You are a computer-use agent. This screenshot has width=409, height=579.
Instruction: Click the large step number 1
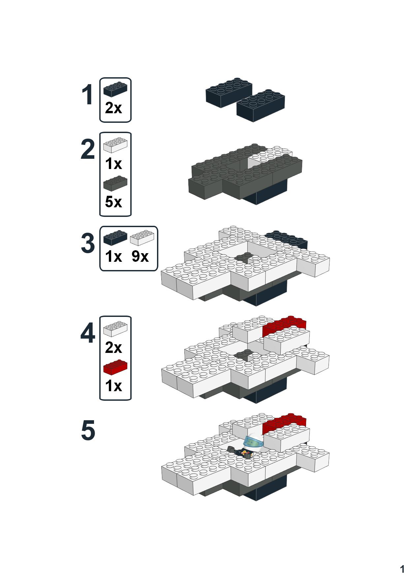point(88,95)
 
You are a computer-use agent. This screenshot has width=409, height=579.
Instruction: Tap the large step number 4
point(88,334)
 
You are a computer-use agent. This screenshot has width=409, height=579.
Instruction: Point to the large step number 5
point(88,431)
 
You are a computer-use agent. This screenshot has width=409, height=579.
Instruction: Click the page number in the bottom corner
point(402,569)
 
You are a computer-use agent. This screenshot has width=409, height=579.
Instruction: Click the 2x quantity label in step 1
point(113,108)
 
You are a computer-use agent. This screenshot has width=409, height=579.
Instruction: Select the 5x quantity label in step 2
point(113,202)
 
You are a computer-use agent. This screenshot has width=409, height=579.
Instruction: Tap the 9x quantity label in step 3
point(140,256)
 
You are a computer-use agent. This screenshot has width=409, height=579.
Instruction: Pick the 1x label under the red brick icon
point(113,386)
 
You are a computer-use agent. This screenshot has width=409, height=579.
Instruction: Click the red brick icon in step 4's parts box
point(115,367)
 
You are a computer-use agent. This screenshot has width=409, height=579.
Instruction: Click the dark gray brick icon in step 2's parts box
point(115,183)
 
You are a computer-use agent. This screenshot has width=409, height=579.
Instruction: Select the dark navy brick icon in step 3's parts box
point(115,238)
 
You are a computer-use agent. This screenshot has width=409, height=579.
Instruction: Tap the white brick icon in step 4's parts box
point(115,328)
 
